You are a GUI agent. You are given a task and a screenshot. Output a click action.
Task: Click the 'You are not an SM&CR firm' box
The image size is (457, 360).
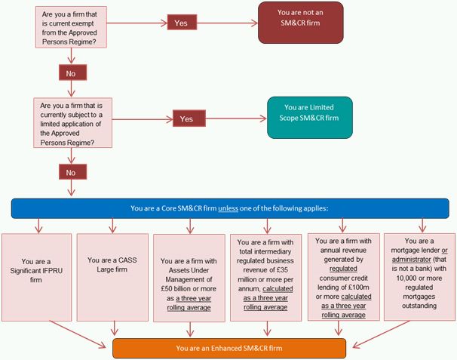[300, 23]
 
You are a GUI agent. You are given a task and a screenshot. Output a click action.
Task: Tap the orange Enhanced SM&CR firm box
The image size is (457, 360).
[229, 348]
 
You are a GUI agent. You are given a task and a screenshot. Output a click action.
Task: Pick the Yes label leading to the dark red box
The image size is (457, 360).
[181, 23]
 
